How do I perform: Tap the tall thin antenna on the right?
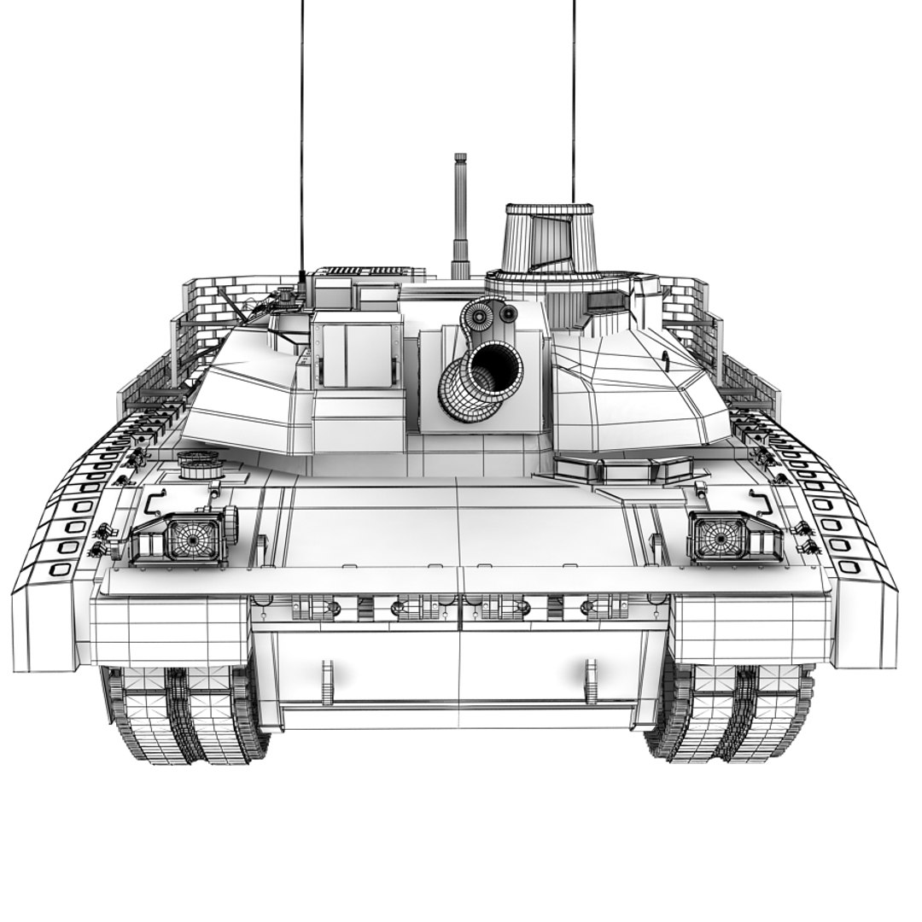[x=574, y=102]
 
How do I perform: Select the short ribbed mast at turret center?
[x=460, y=213]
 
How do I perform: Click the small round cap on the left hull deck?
[x=201, y=464]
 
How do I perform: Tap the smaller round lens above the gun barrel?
[x=509, y=315]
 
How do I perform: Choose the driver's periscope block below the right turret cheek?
[x=623, y=468]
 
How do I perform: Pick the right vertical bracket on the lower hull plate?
[x=591, y=680]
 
